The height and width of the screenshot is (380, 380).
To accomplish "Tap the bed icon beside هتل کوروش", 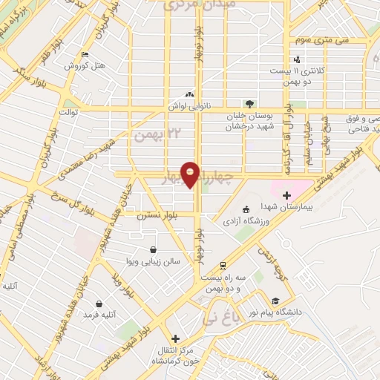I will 85,54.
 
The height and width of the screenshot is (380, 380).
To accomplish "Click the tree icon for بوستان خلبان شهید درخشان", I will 250,104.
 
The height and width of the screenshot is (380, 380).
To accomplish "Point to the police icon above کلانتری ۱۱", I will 298,59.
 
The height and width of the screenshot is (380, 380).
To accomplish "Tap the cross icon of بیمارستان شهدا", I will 286,194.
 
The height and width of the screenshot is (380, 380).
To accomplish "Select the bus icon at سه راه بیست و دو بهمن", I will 223,266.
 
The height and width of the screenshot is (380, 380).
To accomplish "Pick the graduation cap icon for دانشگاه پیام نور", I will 275,301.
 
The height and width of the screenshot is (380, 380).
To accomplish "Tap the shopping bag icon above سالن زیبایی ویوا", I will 153,249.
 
